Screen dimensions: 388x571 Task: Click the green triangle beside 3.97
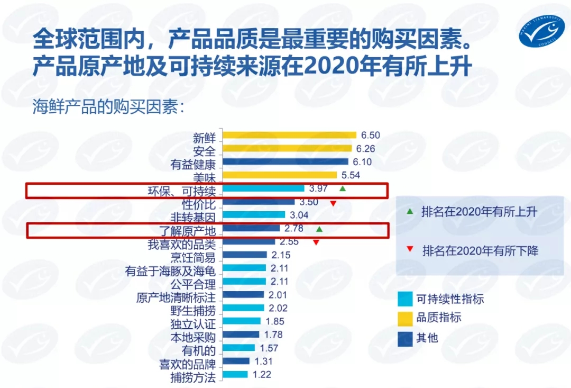(x=343, y=188)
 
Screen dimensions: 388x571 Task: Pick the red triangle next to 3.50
(x=333, y=203)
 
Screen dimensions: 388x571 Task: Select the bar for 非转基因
(x=254, y=215)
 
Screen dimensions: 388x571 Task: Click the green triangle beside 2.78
(x=319, y=229)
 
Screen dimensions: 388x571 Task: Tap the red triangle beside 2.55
(x=316, y=242)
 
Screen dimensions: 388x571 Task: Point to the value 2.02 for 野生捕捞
(x=279, y=308)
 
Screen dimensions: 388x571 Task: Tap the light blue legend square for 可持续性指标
(x=405, y=300)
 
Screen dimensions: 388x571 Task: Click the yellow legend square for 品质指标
(x=405, y=318)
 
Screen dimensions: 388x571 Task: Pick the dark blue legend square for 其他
(x=405, y=338)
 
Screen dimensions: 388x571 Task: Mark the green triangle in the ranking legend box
(x=409, y=212)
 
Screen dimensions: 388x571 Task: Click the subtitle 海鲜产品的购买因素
(x=108, y=106)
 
